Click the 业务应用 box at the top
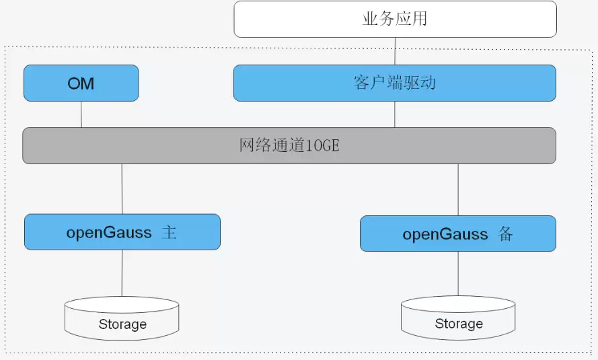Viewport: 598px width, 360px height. [x=395, y=19]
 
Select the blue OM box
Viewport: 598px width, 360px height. [x=81, y=83]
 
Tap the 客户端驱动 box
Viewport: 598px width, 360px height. [x=394, y=83]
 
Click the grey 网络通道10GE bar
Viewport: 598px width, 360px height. [x=289, y=145]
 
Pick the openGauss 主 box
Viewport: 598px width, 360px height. [x=122, y=232]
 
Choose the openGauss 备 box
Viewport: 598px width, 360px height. [x=457, y=233]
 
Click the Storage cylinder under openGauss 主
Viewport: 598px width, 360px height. [x=122, y=318]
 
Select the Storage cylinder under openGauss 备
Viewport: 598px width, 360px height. [x=458, y=318]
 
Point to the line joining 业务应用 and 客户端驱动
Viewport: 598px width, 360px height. [x=395, y=50]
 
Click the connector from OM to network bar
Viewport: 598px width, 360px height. [x=81, y=114]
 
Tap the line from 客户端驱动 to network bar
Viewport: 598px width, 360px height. [x=395, y=114]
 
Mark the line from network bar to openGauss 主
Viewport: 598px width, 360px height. [x=122, y=188]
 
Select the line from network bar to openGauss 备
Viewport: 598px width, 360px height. [x=458, y=189]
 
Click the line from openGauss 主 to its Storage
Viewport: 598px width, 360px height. [x=122, y=273]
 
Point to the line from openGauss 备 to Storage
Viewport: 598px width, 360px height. [x=458, y=274]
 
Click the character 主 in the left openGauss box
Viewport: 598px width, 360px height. [x=170, y=233]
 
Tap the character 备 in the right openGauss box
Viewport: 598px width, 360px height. [x=506, y=234]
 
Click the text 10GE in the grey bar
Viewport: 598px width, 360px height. [x=322, y=145]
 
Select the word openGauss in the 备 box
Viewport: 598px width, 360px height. [x=445, y=234]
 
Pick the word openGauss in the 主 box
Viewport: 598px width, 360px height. [x=108, y=233]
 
